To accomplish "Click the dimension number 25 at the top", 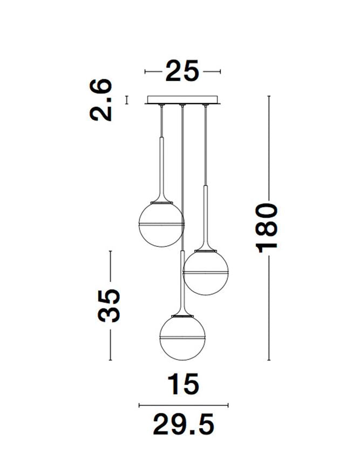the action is [182, 71].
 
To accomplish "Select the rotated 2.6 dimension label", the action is [101, 100].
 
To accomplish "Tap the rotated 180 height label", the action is [266, 228].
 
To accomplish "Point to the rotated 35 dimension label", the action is [109, 306].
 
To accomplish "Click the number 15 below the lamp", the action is [184, 384].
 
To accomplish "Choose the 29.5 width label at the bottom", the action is [184, 424].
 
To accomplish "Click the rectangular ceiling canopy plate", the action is [182, 100].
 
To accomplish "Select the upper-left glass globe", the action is [161, 224].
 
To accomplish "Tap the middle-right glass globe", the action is [206, 272].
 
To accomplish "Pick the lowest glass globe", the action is [182, 338].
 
